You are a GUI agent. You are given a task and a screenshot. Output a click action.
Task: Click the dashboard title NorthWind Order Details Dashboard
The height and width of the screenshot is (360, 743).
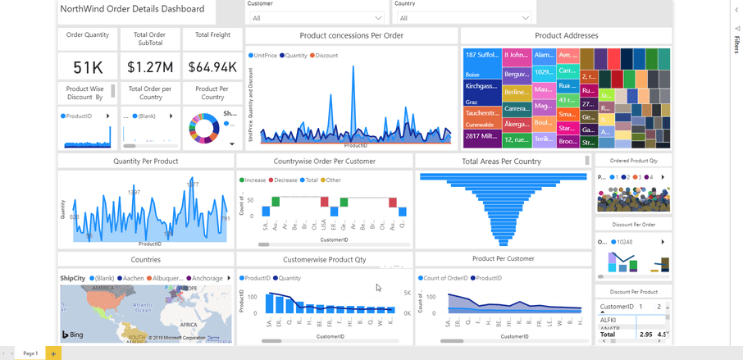pyautogui.click(x=132, y=10)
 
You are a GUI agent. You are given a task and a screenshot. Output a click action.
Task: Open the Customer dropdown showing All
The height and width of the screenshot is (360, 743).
pyautogui.click(x=316, y=18)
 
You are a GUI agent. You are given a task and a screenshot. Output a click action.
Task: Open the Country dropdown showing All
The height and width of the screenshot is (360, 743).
pyautogui.click(x=463, y=18)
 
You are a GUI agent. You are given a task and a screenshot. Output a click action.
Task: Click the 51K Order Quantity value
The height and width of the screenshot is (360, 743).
pyautogui.click(x=88, y=67)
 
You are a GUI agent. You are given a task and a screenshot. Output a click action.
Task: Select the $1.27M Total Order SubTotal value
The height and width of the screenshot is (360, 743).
pyautogui.click(x=150, y=67)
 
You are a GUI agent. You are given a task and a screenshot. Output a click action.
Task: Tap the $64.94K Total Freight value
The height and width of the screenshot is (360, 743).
pyautogui.click(x=212, y=67)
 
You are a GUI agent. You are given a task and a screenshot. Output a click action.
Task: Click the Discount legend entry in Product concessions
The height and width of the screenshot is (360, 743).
pyautogui.click(x=326, y=56)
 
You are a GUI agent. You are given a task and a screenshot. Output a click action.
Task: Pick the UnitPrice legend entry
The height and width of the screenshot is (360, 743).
pyautogui.click(x=265, y=56)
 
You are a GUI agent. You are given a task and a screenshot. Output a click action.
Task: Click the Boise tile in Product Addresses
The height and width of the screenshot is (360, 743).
pyautogui.click(x=473, y=75)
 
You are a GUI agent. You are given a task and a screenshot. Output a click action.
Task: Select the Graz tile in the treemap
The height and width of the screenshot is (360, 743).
pyautogui.click(x=472, y=103)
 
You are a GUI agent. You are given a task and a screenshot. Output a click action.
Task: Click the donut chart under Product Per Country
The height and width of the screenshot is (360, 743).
pyautogui.click(x=204, y=128)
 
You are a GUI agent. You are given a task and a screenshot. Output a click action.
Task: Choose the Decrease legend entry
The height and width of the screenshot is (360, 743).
pyautogui.click(x=285, y=180)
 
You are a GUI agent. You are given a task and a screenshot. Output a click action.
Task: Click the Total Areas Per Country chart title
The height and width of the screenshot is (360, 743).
pyautogui.click(x=501, y=162)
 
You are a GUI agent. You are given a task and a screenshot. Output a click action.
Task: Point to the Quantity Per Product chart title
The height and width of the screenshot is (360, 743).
pyautogui.click(x=145, y=162)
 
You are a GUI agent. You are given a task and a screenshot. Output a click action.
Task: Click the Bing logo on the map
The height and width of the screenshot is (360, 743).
pyautogui.click(x=73, y=335)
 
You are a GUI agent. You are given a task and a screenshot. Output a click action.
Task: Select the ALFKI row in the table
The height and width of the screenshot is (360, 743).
pyautogui.click(x=608, y=320)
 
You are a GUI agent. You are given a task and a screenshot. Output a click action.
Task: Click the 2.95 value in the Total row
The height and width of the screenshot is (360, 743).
pyautogui.click(x=646, y=335)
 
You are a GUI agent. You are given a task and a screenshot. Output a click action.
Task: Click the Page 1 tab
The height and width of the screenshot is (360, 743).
pyautogui.click(x=30, y=353)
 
